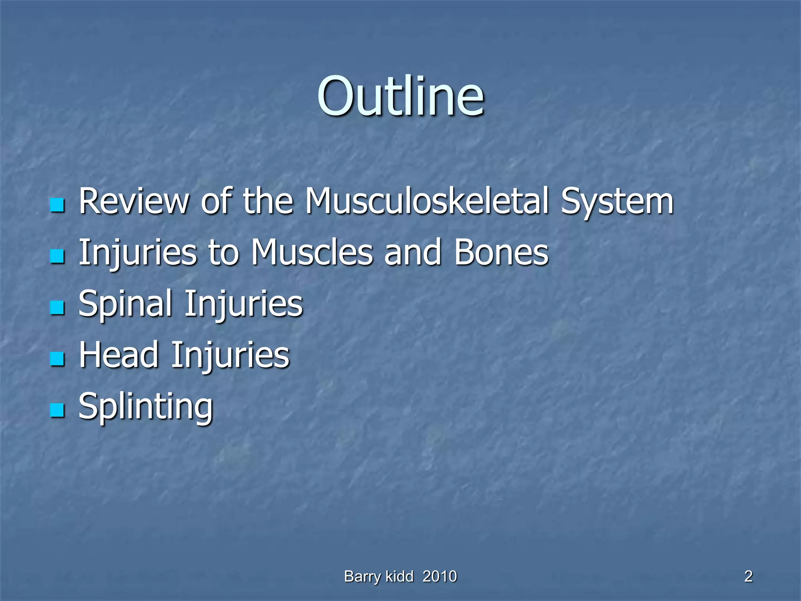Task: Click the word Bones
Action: point(501,252)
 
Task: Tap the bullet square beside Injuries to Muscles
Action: point(57,257)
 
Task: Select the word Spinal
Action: point(125,304)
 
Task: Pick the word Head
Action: point(119,355)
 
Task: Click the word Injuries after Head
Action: point(230,355)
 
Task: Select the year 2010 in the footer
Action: point(440,576)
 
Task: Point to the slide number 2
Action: point(748,576)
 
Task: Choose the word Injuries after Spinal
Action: point(243,304)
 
